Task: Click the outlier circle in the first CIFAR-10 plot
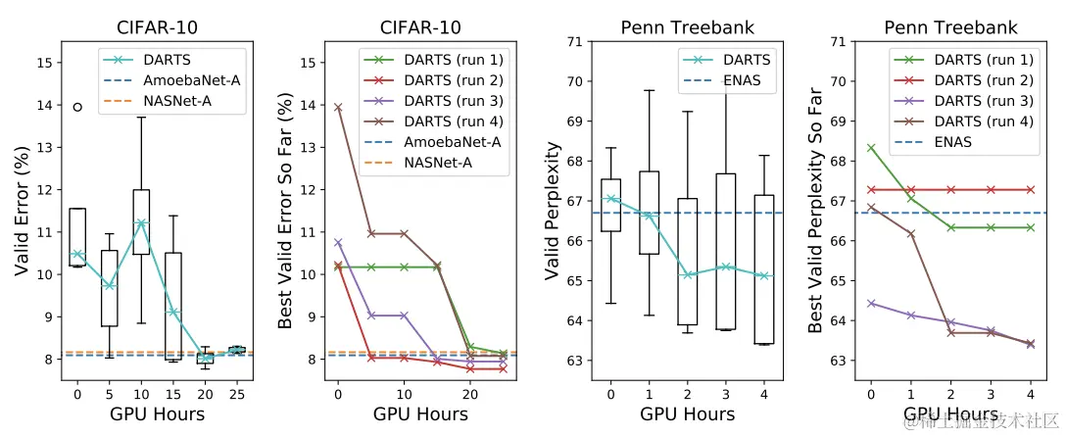click(x=78, y=107)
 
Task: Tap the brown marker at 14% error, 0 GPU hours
click(x=339, y=107)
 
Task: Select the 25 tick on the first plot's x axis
click(x=236, y=395)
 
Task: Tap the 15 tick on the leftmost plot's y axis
click(x=45, y=63)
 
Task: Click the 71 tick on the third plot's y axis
click(x=575, y=42)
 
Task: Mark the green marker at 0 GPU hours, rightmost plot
click(x=871, y=148)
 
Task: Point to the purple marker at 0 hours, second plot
click(x=339, y=242)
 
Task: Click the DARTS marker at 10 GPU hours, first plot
click(x=141, y=223)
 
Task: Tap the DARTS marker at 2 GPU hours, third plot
click(x=688, y=274)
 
